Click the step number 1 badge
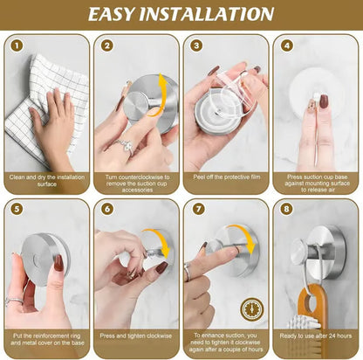(17, 45)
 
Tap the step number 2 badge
(107, 45)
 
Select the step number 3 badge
(197, 45)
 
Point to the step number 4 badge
(288, 45)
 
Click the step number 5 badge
(17, 211)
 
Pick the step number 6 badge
(107, 211)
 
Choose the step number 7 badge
(197, 211)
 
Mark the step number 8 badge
(288, 211)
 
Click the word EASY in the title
(127, 14)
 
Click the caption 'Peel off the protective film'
(225, 177)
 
